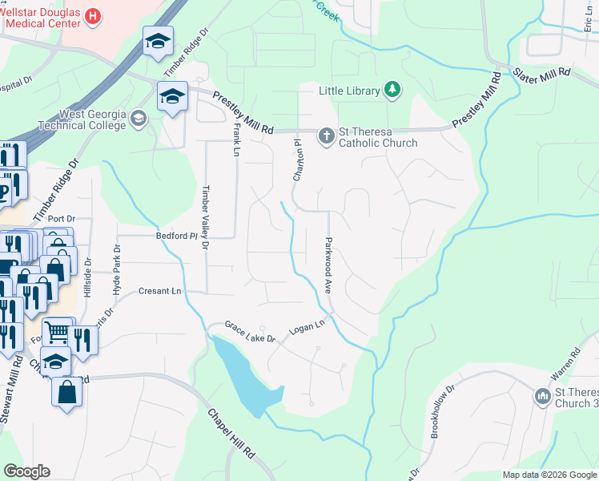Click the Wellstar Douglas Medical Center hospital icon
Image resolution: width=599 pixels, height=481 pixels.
[x=94, y=15]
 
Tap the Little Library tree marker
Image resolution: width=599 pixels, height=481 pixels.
[x=392, y=90]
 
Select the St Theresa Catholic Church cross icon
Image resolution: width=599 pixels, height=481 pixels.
[x=326, y=135]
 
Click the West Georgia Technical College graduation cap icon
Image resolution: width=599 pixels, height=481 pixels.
[x=139, y=119]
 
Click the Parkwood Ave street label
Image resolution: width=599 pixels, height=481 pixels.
[x=328, y=263]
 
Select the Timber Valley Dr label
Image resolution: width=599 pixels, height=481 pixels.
[x=205, y=219]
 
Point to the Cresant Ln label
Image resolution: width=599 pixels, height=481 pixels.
[x=159, y=291]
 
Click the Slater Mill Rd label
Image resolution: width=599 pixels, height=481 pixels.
[x=541, y=72]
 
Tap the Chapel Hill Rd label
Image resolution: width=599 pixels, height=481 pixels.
[x=231, y=433]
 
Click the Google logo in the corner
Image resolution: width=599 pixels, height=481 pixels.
[x=26, y=471]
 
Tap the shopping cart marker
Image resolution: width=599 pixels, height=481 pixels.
[x=57, y=330]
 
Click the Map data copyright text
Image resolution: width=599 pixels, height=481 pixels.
[x=549, y=475]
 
